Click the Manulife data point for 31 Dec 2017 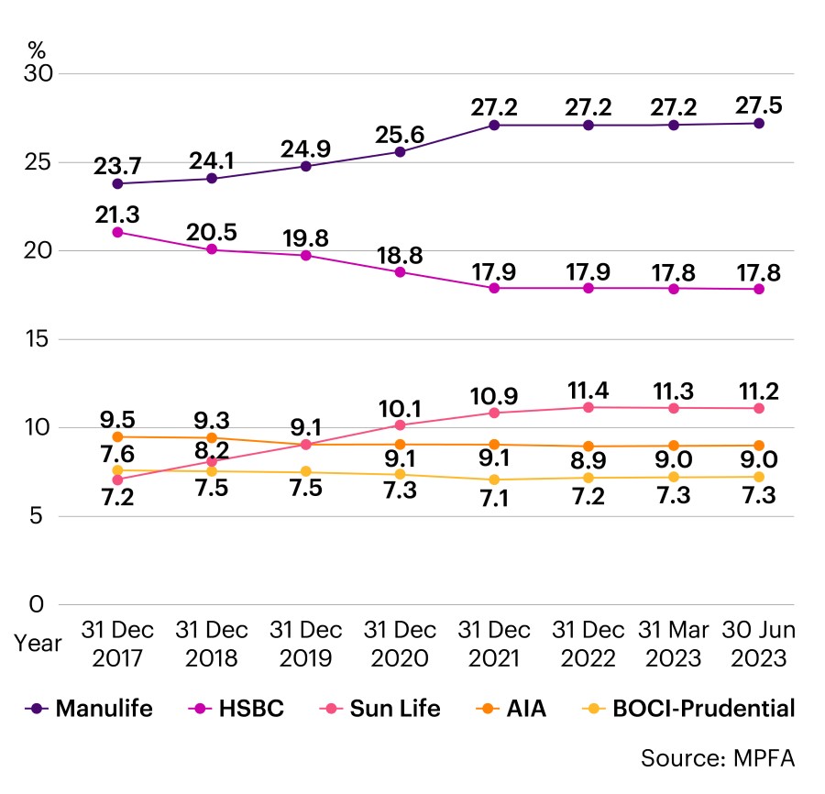(117, 183)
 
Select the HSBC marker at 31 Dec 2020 (400, 271)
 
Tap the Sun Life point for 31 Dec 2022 (588, 407)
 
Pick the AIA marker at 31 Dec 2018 (212, 438)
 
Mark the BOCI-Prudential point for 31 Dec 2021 (494, 480)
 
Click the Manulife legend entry (92, 708)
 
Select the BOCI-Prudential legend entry (689, 708)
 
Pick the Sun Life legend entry (389, 708)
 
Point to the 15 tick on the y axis (38, 339)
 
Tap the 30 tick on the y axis (38, 73)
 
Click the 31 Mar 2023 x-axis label (682, 644)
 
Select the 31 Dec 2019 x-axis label (305, 644)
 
